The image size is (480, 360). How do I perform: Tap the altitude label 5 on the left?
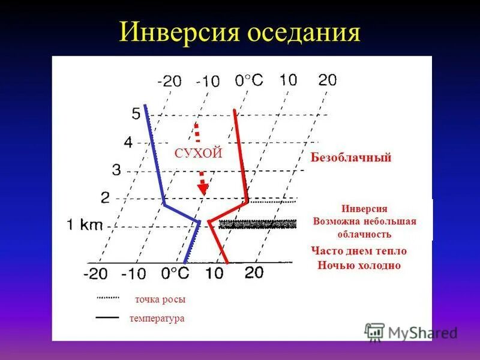coord(136,113)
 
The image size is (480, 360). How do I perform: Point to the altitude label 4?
coord(128,142)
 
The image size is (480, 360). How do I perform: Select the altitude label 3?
coord(116,170)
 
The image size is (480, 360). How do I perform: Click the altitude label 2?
coord(106,197)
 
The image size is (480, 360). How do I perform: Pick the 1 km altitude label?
coord(85,226)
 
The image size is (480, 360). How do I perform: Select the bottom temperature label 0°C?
coord(175,274)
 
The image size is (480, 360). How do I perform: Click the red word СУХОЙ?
coord(199,154)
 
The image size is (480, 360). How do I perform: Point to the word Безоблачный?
coord(351,158)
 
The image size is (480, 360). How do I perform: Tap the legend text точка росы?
coord(160,299)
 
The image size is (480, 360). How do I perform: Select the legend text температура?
coord(157,319)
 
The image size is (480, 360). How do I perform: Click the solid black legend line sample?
coord(107,316)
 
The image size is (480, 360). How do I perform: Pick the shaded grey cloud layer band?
coord(258,224)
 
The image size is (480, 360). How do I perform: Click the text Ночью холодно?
coord(359,265)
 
